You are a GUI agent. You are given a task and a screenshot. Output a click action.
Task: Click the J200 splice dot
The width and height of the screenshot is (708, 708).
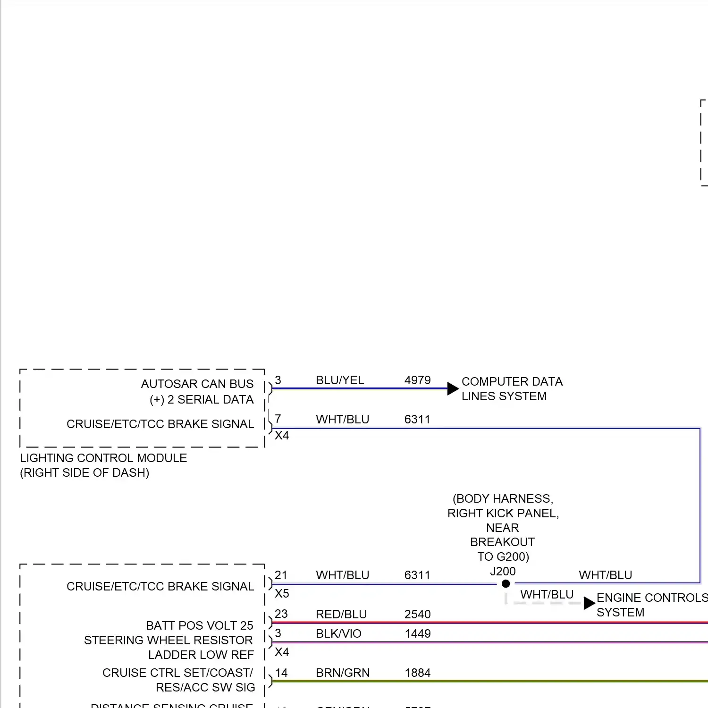pyautogui.click(x=506, y=584)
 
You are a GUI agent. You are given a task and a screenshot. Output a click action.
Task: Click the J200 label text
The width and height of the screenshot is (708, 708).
pyautogui.click(x=503, y=572)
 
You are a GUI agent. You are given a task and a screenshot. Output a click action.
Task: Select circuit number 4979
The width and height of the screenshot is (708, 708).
pyautogui.click(x=417, y=380)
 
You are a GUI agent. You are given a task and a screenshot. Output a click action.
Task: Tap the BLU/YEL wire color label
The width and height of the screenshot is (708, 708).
pyautogui.click(x=340, y=380)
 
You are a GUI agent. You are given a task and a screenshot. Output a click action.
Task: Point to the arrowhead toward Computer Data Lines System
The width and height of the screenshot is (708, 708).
pyautogui.click(x=453, y=388)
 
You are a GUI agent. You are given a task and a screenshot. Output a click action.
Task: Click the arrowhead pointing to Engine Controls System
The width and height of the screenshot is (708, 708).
pyautogui.click(x=589, y=603)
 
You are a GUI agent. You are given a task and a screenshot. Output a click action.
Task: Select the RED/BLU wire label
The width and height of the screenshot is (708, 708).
pyautogui.click(x=341, y=614)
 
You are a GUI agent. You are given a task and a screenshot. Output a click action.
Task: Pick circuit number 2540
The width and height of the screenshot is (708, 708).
pyautogui.click(x=417, y=614)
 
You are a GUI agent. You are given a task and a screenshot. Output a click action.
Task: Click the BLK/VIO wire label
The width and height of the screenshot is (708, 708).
pyautogui.click(x=338, y=633)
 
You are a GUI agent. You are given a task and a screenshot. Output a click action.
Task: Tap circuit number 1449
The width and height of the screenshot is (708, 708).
pyautogui.click(x=417, y=633)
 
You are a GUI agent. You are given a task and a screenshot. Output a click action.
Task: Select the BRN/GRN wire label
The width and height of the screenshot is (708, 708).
pyautogui.click(x=343, y=673)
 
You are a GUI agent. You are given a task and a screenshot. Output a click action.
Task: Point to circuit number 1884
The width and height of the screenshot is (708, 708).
pyautogui.click(x=417, y=673)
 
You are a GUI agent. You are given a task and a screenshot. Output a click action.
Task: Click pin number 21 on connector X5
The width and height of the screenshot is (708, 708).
pyautogui.click(x=281, y=575)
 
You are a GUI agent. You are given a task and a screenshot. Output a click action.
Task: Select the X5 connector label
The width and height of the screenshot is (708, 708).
pyautogui.click(x=282, y=593)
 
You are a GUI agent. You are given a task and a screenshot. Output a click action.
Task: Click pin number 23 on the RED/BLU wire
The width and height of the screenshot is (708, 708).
pyautogui.click(x=281, y=614)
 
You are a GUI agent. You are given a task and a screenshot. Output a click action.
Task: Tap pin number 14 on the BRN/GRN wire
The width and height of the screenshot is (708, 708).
pyautogui.click(x=281, y=673)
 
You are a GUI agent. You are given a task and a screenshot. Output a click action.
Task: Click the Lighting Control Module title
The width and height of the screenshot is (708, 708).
pyautogui.click(x=103, y=458)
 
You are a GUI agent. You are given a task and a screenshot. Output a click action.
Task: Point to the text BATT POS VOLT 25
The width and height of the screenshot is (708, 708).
pyautogui.click(x=199, y=625)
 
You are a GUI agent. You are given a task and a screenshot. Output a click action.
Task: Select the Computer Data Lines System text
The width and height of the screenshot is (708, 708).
pyautogui.click(x=512, y=388)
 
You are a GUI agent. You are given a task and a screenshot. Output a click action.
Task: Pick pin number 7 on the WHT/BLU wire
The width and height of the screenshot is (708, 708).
pyautogui.click(x=278, y=419)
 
